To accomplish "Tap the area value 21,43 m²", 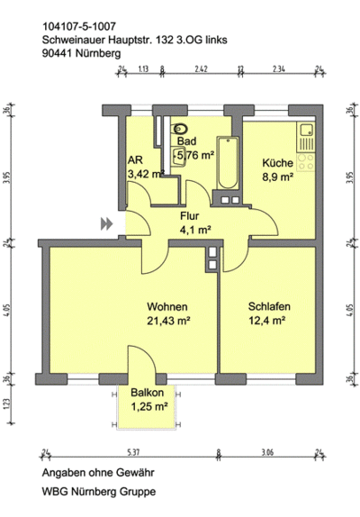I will click(x=168, y=319).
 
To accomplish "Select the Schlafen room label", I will click(x=268, y=305).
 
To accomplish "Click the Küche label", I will click(x=276, y=163).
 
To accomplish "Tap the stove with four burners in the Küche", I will click(x=306, y=162).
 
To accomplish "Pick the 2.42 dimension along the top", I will click(x=201, y=68).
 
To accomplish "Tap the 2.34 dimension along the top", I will click(x=279, y=68).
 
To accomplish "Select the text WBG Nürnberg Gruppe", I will click(x=86, y=492).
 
